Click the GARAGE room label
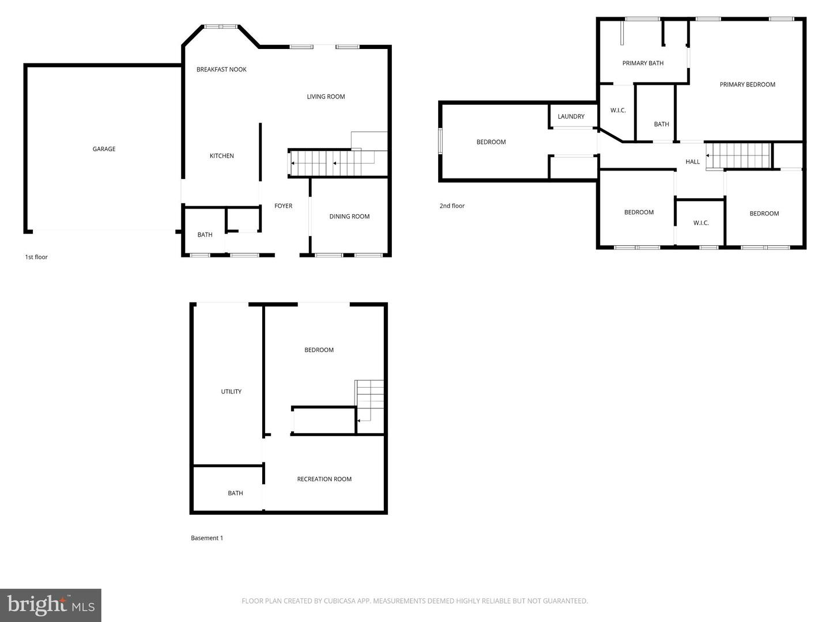(104, 149)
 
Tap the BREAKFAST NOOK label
(221, 70)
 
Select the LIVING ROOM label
(326, 97)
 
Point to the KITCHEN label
(221, 156)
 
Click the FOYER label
(283, 206)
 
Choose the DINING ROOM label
(349, 217)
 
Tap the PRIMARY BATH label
(643, 63)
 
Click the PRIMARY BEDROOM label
(747, 85)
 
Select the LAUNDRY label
(571, 117)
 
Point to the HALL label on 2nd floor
(692, 162)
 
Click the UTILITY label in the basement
(231, 392)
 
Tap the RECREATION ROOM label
(324, 479)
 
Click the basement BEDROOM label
(319, 350)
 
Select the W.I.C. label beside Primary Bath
(618, 111)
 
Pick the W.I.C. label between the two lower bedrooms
(701, 223)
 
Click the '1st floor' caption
(36, 257)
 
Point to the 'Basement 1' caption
(207, 538)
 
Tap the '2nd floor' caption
(452, 206)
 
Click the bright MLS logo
(51, 605)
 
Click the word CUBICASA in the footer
(341, 601)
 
